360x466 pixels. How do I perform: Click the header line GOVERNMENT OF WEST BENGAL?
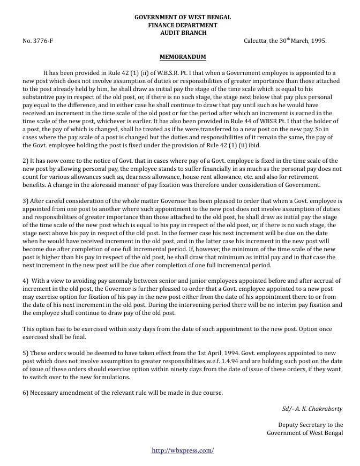(x=183, y=18)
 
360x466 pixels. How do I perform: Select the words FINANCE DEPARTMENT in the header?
(x=183, y=25)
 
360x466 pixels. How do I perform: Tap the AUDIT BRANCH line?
(x=183, y=33)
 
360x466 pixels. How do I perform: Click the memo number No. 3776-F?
(x=38, y=41)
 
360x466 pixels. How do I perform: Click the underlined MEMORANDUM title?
(x=183, y=57)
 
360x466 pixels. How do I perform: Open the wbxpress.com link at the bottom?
(x=183, y=450)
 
